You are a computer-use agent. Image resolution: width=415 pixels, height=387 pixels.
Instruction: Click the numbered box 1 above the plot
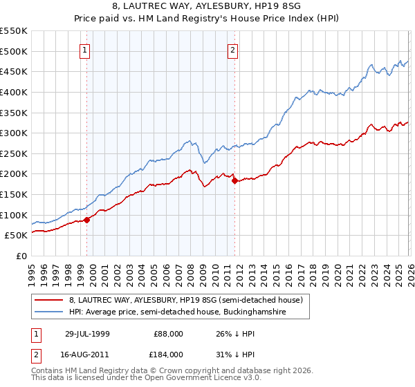point(84,50)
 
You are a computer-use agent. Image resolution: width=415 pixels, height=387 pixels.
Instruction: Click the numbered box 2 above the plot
point(233,50)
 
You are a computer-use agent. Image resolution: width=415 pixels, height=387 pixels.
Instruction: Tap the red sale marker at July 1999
point(87,220)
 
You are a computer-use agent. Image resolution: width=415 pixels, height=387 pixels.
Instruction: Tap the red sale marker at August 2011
point(234,181)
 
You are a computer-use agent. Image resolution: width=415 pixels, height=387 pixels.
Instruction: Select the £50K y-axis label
point(16,236)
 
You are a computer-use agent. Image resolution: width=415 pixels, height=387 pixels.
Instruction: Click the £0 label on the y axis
point(21,256)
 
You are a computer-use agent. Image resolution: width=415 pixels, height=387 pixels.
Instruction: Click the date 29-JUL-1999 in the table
point(91,334)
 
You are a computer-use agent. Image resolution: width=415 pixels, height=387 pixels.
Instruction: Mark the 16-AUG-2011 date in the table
point(91,355)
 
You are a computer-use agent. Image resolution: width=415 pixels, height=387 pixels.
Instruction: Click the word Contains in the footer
point(48,371)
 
